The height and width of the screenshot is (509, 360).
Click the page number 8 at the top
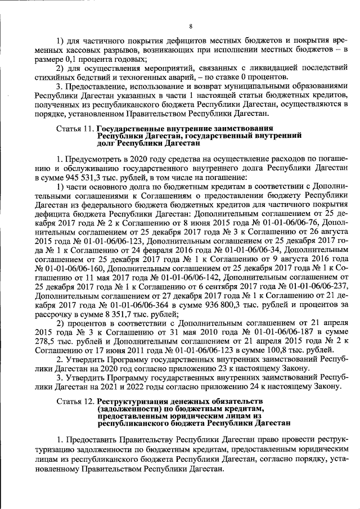pos(191,26)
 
